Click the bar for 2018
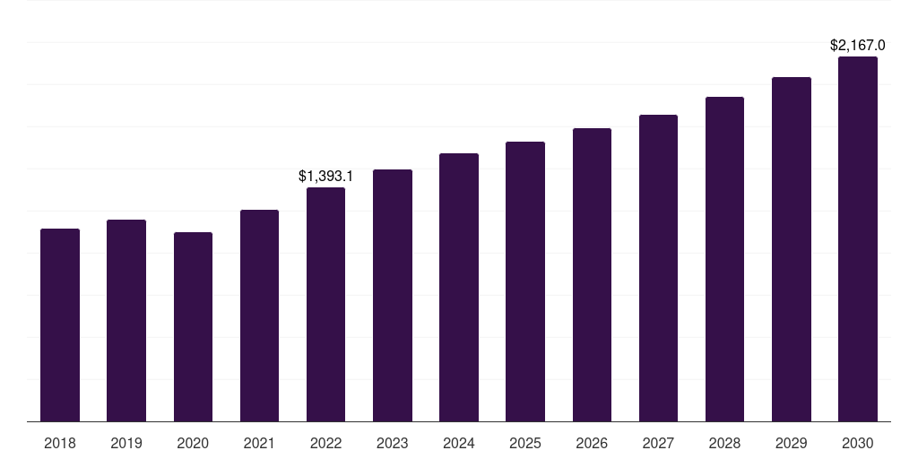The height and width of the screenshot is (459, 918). [60, 325]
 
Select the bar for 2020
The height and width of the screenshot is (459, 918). [193, 326]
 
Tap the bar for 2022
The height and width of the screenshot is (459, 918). [325, 304]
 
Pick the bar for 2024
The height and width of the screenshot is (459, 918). [459, 287]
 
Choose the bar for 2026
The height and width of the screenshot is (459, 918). [592, 274]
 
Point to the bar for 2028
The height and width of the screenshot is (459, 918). [724, 259]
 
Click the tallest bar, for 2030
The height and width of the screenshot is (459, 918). [858, 238]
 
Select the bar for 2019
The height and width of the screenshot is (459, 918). [126, 320]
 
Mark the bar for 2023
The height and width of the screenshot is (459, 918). [393, 295]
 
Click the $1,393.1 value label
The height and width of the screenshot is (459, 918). [325, 177]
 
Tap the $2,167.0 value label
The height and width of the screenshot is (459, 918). [858, 45]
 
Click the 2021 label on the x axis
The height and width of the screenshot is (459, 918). [259, 443]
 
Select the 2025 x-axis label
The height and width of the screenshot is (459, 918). [525, 443]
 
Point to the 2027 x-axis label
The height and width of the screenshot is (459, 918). [658, 443]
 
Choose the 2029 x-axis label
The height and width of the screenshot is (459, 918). [792, 443]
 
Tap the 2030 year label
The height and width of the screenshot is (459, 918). [858, 443]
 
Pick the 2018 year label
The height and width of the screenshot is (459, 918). [60, 443]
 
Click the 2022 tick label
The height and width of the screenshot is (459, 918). [325, 443]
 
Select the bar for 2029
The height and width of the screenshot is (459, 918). [792, 249]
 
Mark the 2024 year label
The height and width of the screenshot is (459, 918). [459, 443]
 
